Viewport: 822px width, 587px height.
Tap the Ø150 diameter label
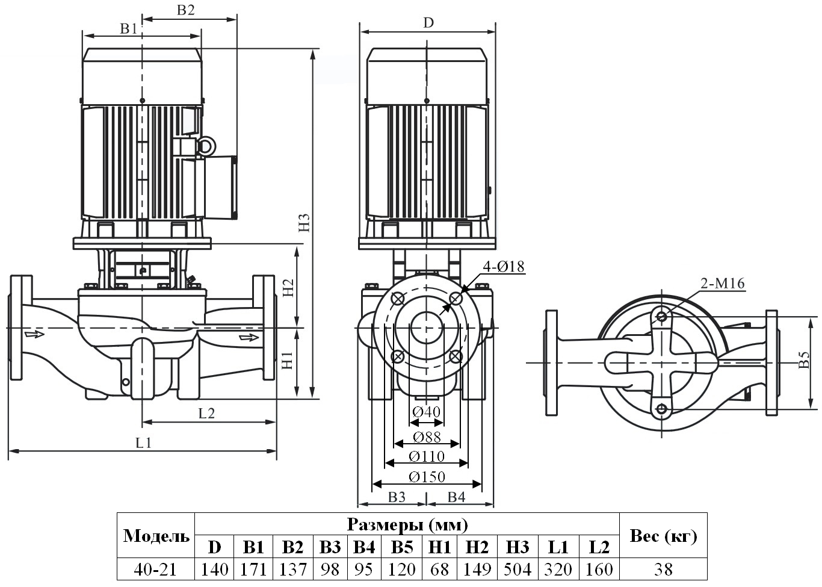427,477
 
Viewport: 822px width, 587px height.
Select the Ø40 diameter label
427,412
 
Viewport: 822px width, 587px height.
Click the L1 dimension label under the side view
143,443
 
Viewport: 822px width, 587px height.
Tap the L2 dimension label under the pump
206,413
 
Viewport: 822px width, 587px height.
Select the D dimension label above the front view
428,23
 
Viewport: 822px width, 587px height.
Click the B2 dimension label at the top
186,10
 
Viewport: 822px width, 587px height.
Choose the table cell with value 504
518,569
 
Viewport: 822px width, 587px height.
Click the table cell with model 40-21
156,569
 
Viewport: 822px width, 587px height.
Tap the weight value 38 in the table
663,569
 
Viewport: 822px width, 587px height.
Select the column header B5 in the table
401,547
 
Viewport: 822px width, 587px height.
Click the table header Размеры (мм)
407,524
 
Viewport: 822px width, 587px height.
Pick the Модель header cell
156,536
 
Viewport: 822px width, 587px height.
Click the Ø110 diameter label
427,456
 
